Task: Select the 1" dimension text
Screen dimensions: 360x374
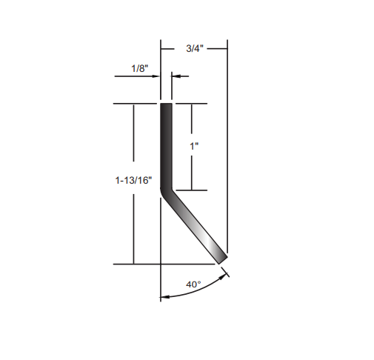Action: (x=195, y=146)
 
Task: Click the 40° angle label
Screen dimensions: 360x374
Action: (x=194, y=284)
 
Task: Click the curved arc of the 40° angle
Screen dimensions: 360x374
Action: (x=196, y=293)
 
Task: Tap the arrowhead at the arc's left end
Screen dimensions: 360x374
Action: (x=164, y=298)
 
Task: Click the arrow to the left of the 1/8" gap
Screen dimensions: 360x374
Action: (x=156, y=75)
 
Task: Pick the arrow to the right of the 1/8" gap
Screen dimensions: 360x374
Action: (x=177, y=75)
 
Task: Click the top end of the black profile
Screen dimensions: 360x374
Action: (x=167, y=105)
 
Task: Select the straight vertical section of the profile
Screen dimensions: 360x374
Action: (x=167, y=144)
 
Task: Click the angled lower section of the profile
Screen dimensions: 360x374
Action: (x=196, y=226)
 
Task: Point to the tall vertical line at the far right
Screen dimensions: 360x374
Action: (x=227, y=148)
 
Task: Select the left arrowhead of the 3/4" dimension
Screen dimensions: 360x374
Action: (x=164, y=47)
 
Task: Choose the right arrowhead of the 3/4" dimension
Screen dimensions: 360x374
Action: (x=224, y=47)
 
